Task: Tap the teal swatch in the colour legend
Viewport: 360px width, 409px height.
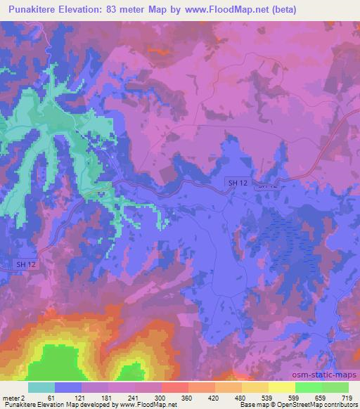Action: click(x=41, y=387)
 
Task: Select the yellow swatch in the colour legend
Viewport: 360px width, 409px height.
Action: click(x=281, y=387)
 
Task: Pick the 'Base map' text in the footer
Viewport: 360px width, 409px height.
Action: click(x=252, y=405)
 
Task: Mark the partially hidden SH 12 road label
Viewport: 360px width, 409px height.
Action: click(x=266, y=186)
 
